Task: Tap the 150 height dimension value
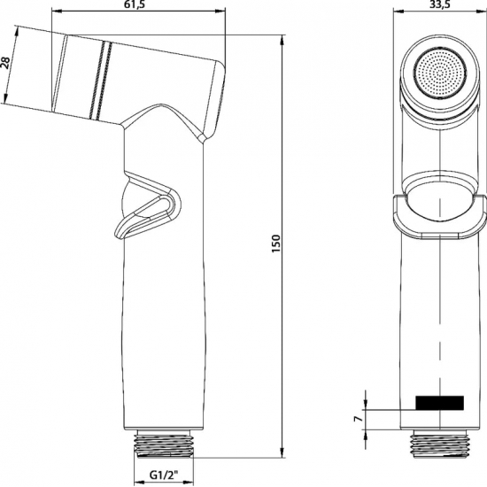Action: click(275, 241)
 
